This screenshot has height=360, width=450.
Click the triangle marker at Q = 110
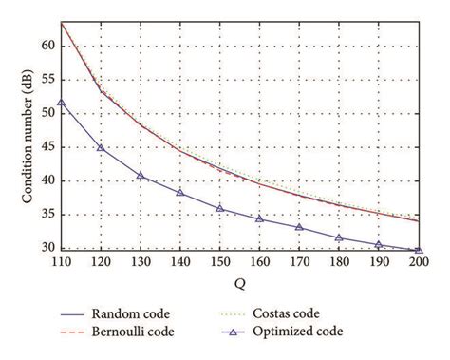pos(62,103)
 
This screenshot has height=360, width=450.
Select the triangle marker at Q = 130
pos(141,176)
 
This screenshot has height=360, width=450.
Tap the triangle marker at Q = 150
pos(219,208)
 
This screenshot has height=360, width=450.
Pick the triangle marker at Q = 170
pos(299,228)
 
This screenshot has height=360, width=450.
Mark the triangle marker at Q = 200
pos(418,250)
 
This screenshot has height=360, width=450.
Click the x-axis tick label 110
pos(62,262)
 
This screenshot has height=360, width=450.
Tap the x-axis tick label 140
pos(180,262)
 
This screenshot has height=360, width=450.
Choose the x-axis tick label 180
pos(339,262)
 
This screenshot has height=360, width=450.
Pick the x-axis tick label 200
pos(418,262)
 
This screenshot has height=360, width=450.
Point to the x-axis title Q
pos(239,280)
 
